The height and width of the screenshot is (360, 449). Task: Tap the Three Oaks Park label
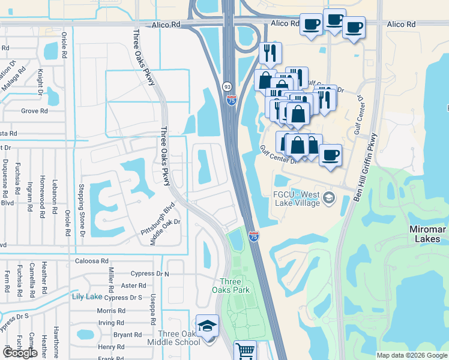click(231, 286)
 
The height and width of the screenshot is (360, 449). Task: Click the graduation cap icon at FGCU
click(329, 197)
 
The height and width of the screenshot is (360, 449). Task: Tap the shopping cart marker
click(245, 351)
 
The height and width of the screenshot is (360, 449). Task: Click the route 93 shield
click(228, 86)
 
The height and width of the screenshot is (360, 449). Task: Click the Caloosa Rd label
click(92, 262)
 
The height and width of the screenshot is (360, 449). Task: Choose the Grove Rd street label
click(34, 111)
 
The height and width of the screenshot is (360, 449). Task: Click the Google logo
click(20, 353)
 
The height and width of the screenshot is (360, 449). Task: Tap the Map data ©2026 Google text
click(411, 355)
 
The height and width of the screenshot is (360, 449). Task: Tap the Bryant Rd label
click(127, 335)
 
